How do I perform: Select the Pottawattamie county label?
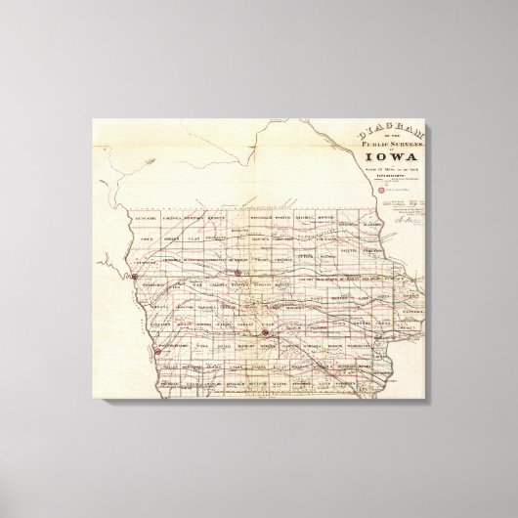point(161,346)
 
